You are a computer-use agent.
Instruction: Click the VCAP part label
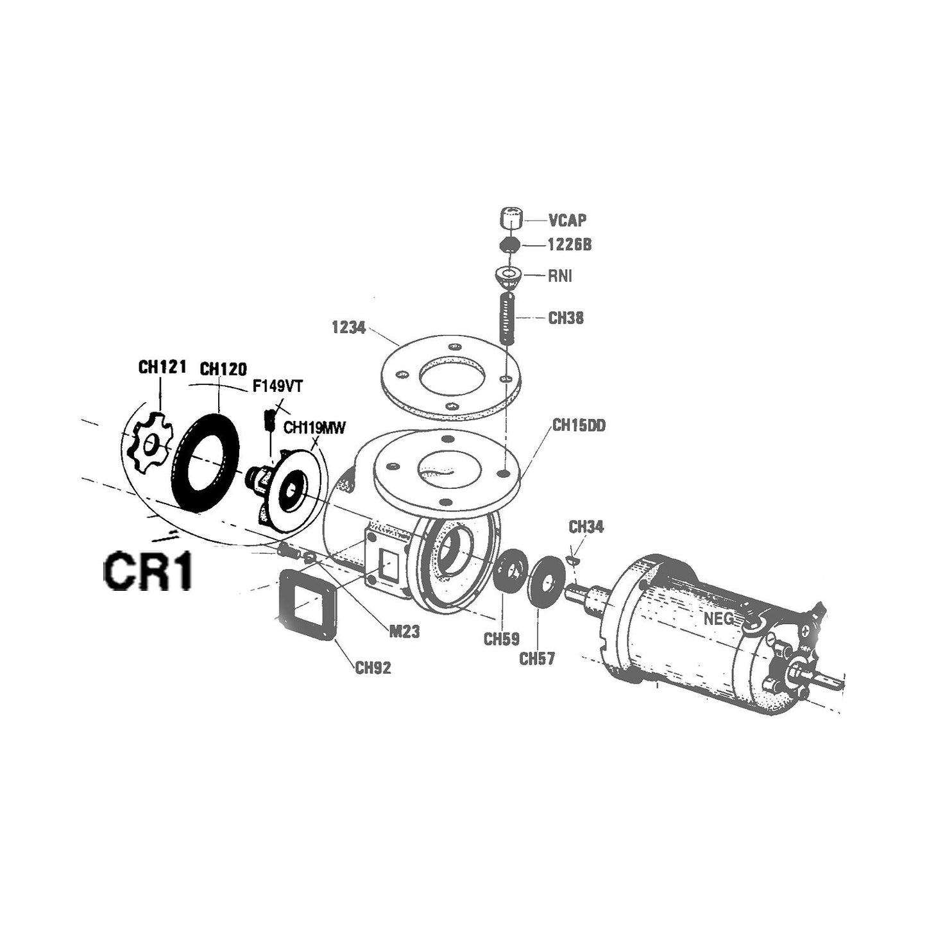pyautogui.click(x=567, y=221)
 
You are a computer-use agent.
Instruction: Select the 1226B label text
pyautogui.click(x=568, y=245)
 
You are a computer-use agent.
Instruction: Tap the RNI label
pyautogui.click(x=559, y=276)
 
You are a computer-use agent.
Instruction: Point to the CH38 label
pyautogui.click(x=566, y=318)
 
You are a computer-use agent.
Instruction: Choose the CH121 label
pyautogui.click(x=162, y=367)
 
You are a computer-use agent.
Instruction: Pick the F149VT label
pyautogui.click(x=277, y=387)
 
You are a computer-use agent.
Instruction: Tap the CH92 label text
pyautogui.click(x=373, y=668)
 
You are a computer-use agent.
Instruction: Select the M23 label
pyautogui.click(x=404, y=632)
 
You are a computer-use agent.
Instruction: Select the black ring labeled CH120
pyautogui.click(x=206, y=462)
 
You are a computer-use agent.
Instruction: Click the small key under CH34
pyautogui.click(x=575, y=561)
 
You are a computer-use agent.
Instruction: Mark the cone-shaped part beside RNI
pyautogui.click(x=508, y=278)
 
